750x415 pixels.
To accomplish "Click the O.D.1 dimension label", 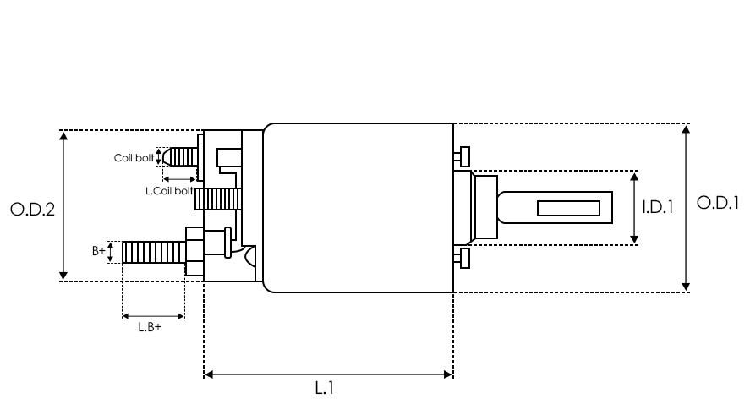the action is point(718,203).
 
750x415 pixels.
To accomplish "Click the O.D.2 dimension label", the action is point(32,210).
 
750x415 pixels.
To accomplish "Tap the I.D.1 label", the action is point(658,207).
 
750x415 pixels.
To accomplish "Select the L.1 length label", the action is point(325,388).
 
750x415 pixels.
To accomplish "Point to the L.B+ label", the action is point(150,327).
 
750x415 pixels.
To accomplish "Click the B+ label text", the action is point(99,251).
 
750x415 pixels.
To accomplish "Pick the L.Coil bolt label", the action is point(169,191).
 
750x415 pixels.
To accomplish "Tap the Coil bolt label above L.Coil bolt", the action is point(134,158).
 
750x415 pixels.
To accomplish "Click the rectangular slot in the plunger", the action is point(569,209).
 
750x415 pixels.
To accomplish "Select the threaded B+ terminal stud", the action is point(154,252).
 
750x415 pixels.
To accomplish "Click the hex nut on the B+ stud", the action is point(194,252).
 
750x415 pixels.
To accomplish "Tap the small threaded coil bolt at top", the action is point(180,157).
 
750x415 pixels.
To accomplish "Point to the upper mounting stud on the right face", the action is point(462,157).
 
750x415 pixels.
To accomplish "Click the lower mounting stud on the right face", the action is point(462,258).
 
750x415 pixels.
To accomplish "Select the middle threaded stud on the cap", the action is point(217,199).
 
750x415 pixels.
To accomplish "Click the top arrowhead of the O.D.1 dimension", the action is point(686,128).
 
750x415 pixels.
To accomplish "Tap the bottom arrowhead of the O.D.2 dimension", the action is point(63,276).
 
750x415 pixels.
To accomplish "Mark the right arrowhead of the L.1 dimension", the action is point(448,374).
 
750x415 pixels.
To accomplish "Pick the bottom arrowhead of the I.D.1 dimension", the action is point(634,239).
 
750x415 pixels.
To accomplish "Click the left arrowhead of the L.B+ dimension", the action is point(126,316).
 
